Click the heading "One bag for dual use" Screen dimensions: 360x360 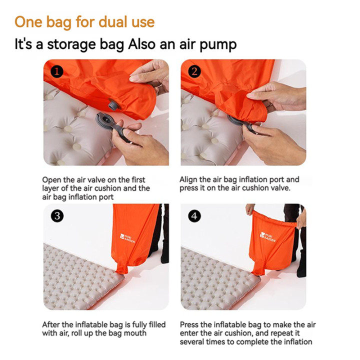tap(84, 22)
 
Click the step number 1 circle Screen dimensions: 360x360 tap(57, 72)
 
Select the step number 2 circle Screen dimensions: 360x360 tap(194, 71)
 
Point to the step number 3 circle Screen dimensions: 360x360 tap(57, 216)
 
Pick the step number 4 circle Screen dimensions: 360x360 tap(194, 216)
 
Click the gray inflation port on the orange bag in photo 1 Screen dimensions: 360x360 tap(114, 104)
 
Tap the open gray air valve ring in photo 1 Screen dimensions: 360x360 tap(105, 120)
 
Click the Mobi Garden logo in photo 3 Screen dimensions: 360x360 tap(127, 238)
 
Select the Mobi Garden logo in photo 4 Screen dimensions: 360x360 tap(267, 236)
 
